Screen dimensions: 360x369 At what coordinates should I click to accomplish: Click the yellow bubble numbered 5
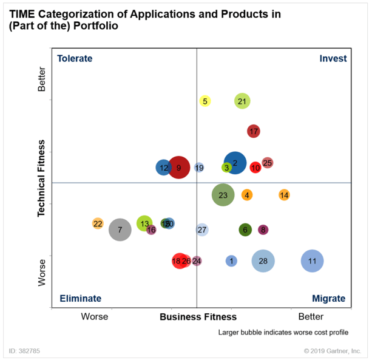click(x=205, y=101)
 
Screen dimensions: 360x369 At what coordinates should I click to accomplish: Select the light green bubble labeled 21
click(x=242, y=101)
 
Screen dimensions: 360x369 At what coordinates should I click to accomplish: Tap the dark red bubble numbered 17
click(x=254, y=131)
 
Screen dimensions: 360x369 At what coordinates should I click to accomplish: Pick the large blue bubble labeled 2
click(x=235, y=163)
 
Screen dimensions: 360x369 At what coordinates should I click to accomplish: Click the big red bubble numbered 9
click(x=178, y=167)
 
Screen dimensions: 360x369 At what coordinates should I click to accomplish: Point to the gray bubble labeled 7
click(x=120, y=229)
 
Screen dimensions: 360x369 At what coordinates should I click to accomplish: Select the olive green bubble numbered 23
click(x=223, y=195)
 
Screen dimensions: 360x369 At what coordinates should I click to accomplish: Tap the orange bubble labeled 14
click(x=284, y=195)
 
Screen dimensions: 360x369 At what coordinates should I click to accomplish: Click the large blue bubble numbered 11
click(x=312, y=261)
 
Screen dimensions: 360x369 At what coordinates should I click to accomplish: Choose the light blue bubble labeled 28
click(x=263, y=261)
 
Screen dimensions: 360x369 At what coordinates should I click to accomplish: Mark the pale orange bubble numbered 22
click(x=98, y=223)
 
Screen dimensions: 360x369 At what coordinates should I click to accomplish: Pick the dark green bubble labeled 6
click(x=245, y=229)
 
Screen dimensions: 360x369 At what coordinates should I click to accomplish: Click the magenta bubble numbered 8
click(x=263, y=229)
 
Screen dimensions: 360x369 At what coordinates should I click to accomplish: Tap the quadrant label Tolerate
click(x=75, y=59)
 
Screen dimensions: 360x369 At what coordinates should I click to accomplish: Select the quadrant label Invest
click(x=333, y=59)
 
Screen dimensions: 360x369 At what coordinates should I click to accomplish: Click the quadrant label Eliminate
click(x=80, y=299)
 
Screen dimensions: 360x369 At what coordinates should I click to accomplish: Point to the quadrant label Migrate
click(x=328, y=299)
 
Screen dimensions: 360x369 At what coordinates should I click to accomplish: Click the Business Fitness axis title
click(x=198, y=317)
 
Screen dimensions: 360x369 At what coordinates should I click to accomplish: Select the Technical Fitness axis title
click(x=41, y=179)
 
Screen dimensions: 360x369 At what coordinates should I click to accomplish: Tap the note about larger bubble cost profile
click(x=283, y=332)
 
